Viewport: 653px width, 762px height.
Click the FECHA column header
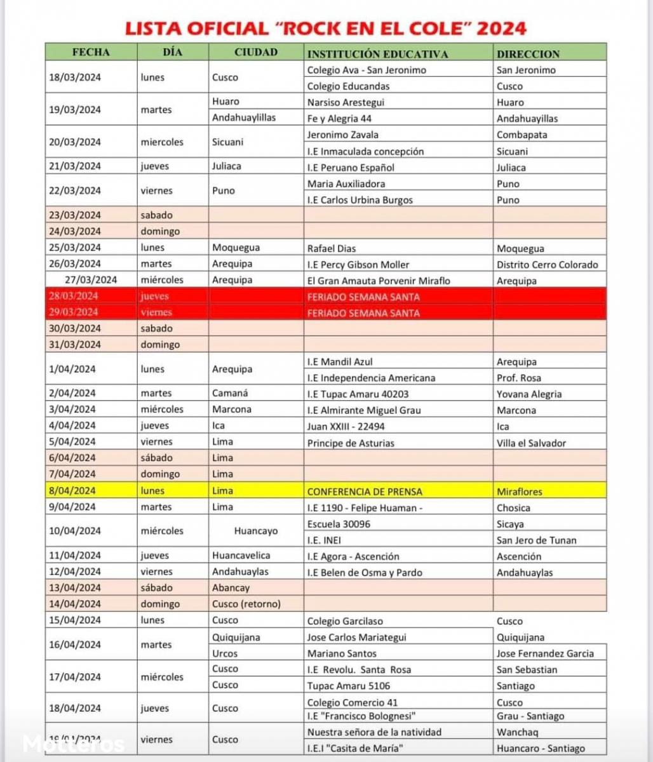91,53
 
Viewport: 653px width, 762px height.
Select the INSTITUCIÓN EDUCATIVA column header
377,53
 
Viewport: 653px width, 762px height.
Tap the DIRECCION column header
528,54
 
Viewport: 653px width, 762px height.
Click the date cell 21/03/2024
75,166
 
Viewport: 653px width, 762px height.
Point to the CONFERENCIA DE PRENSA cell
365,491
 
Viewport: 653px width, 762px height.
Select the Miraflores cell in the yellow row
520,491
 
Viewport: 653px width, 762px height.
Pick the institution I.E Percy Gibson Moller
358,264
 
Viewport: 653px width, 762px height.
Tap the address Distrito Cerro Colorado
547,264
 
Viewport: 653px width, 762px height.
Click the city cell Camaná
230,393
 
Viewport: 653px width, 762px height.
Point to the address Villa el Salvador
531,443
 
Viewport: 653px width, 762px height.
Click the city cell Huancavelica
241,555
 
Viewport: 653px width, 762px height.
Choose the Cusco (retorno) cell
246,604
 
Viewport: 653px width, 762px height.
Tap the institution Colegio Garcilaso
345,620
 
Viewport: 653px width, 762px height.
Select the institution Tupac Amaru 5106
348,685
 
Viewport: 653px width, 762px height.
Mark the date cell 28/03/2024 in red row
75,296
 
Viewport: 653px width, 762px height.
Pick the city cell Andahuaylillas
243,117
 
